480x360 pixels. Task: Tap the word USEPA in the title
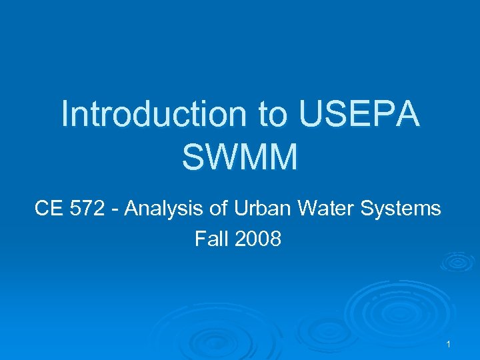point(360,114)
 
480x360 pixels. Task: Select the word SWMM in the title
point(239,157)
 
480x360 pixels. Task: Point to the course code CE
point(47,209)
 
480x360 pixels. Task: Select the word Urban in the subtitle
point(255,209)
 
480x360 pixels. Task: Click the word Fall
point(209,238)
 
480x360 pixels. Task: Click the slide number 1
point(449,344)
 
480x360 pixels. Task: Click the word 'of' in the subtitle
point(215,209)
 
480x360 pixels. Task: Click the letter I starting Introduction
point(65,114)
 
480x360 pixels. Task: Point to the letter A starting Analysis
point(131,209)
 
